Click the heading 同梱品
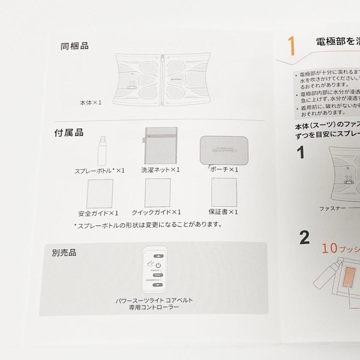74,46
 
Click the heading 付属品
69,133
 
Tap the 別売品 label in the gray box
64,253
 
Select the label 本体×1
90,103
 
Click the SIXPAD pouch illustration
219,150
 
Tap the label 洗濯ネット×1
160,170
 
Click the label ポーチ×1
224,170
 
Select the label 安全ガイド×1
98,213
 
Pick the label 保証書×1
223,212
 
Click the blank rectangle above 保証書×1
224,192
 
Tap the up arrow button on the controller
159,257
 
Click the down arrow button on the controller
159,285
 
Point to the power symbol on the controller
158,266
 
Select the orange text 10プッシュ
340,249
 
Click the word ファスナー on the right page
332,209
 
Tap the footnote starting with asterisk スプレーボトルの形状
148,225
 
